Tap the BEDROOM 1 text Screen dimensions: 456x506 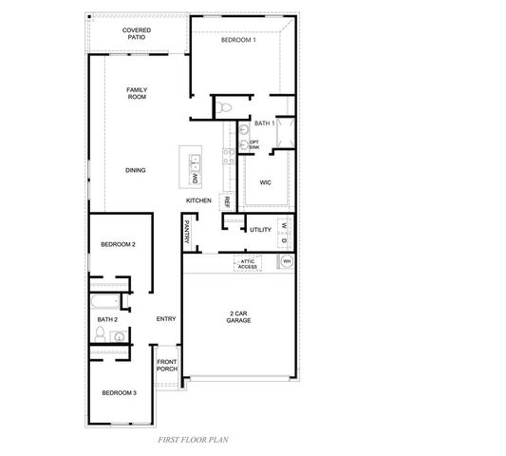point(238,41)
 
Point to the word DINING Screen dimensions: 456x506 point(136,170)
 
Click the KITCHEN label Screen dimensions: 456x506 point(197,200)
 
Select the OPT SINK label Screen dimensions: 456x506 point(254,144)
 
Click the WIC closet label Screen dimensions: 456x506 point(265,181)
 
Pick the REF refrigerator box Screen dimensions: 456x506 point(227,201)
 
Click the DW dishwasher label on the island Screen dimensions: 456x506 point(195,178)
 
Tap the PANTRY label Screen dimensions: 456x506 point(186,232)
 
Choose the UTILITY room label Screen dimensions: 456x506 point(261,229)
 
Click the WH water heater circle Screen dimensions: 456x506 point(286,261)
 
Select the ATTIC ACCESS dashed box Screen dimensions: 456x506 point(247,265)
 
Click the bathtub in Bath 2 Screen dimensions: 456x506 point(103,303)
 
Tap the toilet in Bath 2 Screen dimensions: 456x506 point(101,336)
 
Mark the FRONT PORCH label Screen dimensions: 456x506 point(168,366)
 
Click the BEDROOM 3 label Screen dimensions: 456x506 point(120,392)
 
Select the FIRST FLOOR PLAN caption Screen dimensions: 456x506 point(193,441)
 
